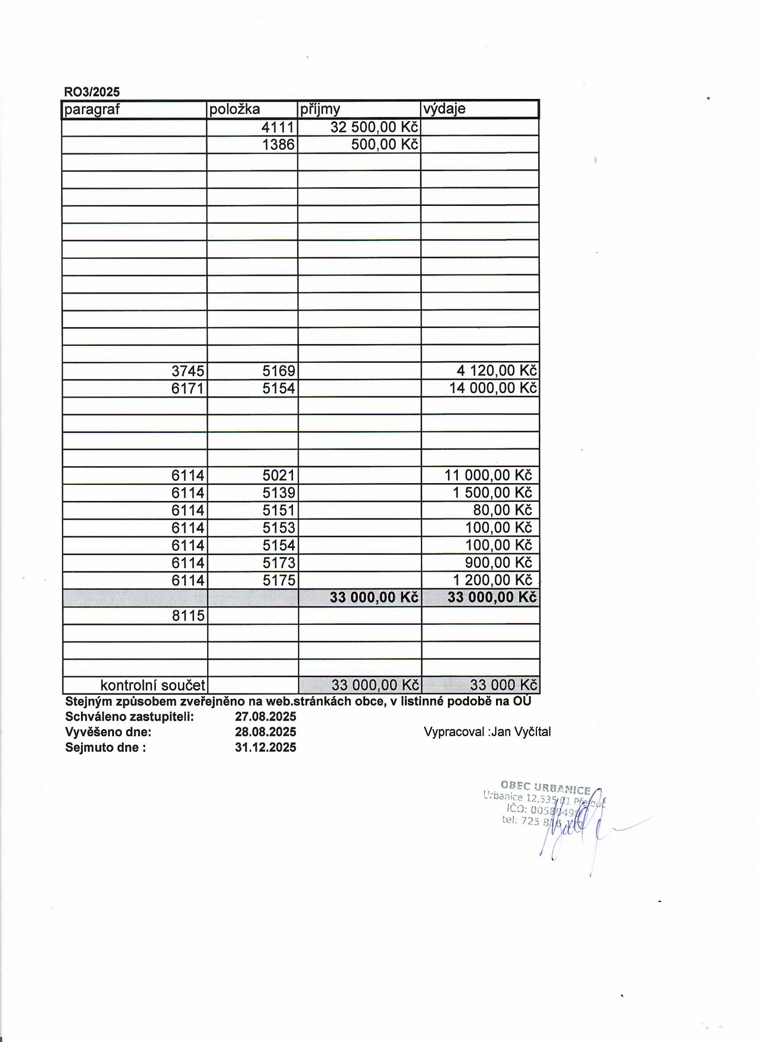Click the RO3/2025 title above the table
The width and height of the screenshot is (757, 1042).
point(92,92)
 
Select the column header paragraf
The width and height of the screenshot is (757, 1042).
point(92,109)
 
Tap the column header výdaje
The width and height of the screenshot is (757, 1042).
point(444,109)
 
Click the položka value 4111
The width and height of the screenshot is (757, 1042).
point(278,127)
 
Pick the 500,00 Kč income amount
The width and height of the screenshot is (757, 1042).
point(385,145)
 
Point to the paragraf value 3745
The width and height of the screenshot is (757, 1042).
point(188,371)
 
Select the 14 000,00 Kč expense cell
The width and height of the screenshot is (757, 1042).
point(492,388)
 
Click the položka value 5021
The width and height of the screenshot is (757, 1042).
point(279,475)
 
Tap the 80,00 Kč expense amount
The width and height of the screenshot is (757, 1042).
point(502,510)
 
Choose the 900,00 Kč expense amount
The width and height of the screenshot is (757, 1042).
point(498,563)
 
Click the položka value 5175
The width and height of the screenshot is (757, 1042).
point(279,580)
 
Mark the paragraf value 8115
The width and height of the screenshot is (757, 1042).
point(188,615)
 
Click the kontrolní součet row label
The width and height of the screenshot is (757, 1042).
point(152,685)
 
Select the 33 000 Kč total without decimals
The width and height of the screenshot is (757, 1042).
point(503,685)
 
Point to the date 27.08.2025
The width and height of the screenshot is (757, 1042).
point(265,717)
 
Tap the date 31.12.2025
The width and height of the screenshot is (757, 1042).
point(265,747)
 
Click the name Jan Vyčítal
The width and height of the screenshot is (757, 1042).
point(521,732)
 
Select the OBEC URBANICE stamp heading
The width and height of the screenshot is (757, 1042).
point(545,788)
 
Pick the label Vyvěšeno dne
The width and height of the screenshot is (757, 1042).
point(108,732)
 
